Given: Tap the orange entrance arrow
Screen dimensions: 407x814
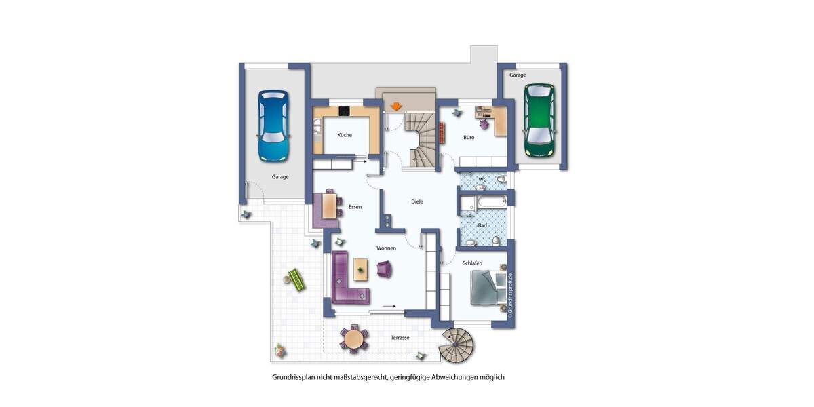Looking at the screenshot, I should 395,106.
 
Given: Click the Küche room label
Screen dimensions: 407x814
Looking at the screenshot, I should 345,135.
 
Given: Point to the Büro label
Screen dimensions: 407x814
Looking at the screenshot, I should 469,137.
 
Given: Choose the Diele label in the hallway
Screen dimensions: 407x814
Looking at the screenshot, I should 417,201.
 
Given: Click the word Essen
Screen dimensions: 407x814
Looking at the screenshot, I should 355,206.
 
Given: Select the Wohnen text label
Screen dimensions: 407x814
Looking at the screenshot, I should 386,248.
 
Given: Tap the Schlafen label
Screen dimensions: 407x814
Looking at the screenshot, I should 472,263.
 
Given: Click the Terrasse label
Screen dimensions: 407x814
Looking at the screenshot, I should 401,337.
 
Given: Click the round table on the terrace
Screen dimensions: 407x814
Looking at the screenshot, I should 353,338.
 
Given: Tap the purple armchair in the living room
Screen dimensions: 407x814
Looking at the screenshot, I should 385,269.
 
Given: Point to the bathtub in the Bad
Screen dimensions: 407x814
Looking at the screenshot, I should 482,202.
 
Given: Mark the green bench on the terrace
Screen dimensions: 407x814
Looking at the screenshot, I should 296,279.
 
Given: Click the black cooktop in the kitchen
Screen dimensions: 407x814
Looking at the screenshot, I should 345,112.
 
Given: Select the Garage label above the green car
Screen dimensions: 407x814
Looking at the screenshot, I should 518,75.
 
